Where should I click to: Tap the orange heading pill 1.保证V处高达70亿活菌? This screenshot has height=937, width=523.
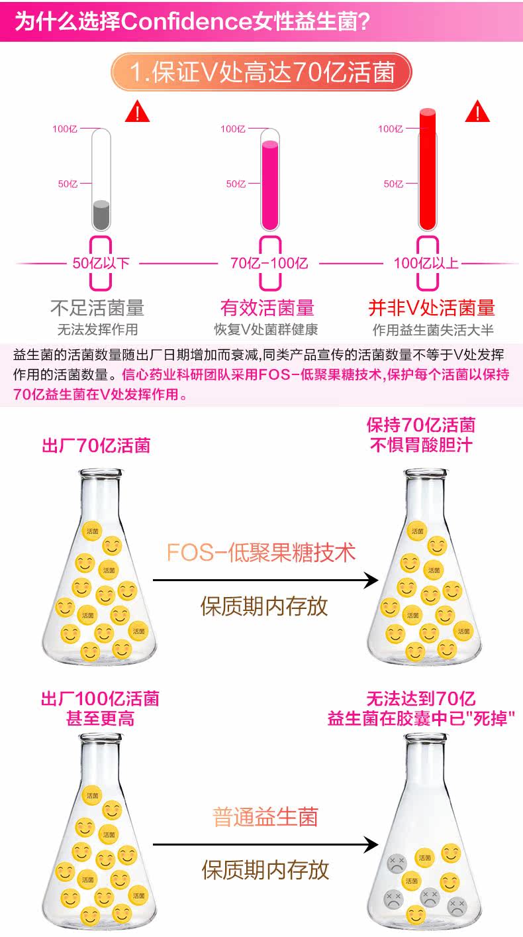(x=261, y=72)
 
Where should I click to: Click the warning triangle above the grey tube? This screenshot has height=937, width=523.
(x=137, y=112)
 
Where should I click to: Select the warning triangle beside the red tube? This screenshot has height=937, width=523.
(x=477, y=111)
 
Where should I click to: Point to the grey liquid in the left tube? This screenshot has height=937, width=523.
(x=101, y=215)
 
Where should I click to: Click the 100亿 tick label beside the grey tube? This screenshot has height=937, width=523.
(x=64, y=129)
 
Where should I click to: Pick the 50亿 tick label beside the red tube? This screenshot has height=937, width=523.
(x=393, y=184)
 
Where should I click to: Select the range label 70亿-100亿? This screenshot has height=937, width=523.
(x=269, y=263)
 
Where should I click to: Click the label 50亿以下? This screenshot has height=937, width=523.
(x=101, y=263)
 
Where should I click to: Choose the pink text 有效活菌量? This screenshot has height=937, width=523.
(x=267, y=307)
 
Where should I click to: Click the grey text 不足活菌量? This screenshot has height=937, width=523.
(x=97, y=307)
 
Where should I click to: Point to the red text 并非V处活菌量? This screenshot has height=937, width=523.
(x=431, y=307)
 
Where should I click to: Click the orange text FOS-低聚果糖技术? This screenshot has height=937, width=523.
(x=261, y=552)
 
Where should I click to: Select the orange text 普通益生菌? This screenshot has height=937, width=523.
(x=265, y=816)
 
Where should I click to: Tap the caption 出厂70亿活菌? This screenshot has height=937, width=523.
(x=96, y=445)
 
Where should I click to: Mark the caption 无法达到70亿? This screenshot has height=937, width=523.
(x=420, y=698)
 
